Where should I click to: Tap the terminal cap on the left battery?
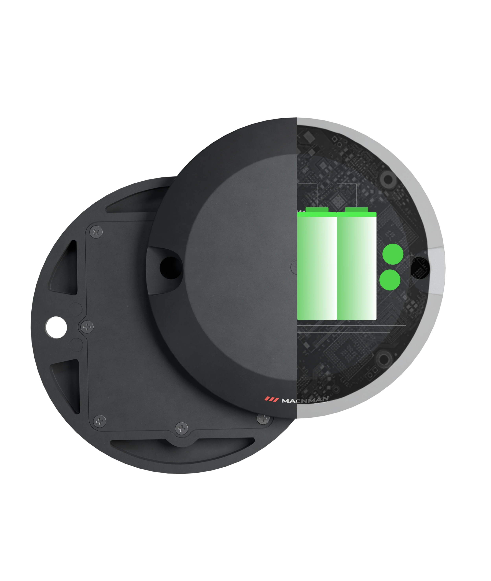click(x=317, y=210)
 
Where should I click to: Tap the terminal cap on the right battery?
click(x=357, y=210)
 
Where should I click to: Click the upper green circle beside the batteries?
click(x=393, y=254)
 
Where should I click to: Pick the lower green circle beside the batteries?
click(x=390, y=279)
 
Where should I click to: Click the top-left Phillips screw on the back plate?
click(x=97, y=232)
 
